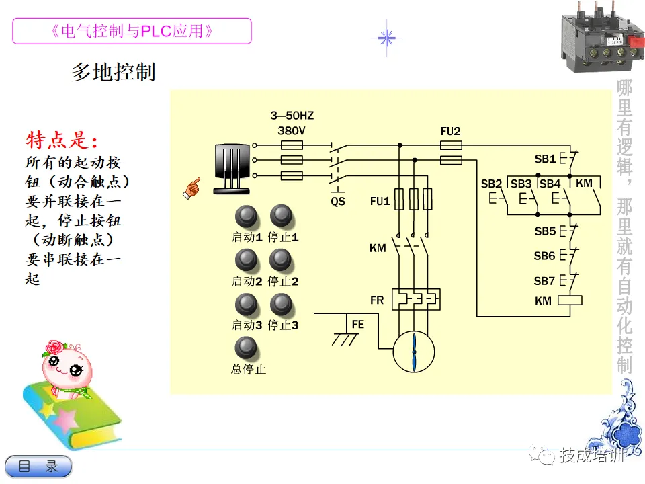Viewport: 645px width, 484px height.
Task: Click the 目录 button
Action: pyautogui.click(x=38, y=467)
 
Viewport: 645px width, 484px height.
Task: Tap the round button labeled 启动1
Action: pyautogui.click(x=247, y=216)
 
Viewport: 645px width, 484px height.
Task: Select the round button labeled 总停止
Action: pyautogui.click(x=246, y=348)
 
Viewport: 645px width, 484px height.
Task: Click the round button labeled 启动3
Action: pyautogui.click(x=246, y=305)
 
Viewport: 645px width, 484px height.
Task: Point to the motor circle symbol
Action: pyautogui.click(x=414, y=352)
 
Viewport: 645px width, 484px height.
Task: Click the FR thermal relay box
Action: pyautogui.click(x=416, y=299)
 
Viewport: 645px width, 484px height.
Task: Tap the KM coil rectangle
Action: pyautogui.click(x=570, y=300)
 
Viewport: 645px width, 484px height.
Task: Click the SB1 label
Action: pyautogui.click(x=545, y=159)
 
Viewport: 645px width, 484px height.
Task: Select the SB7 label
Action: pyautogui.click(x=544, y=281)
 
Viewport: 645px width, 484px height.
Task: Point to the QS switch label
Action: pyautogui.click(x=338, y=202)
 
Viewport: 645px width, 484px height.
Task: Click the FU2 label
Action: pyautogui.click(x=450, y=131)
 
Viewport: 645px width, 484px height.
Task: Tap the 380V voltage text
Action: pyautogui.click(x=292, y=131)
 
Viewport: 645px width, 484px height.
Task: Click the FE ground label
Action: pyautogui.click(x=358, y=325)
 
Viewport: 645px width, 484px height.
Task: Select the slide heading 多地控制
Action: pyautogui.click(x=114, y=72)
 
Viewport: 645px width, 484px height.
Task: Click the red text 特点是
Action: pyautogui.click(x=62, y=140)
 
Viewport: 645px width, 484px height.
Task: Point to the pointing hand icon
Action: pyautogui.click(x=191, y=188)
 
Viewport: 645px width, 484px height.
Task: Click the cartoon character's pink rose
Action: pyautogui.click(x=54, y=348)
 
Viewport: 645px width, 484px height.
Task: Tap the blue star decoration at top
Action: pyautogui.click(x=386, y=38)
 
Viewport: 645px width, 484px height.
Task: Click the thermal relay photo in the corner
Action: pyautogui.click(x=602, y=36)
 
